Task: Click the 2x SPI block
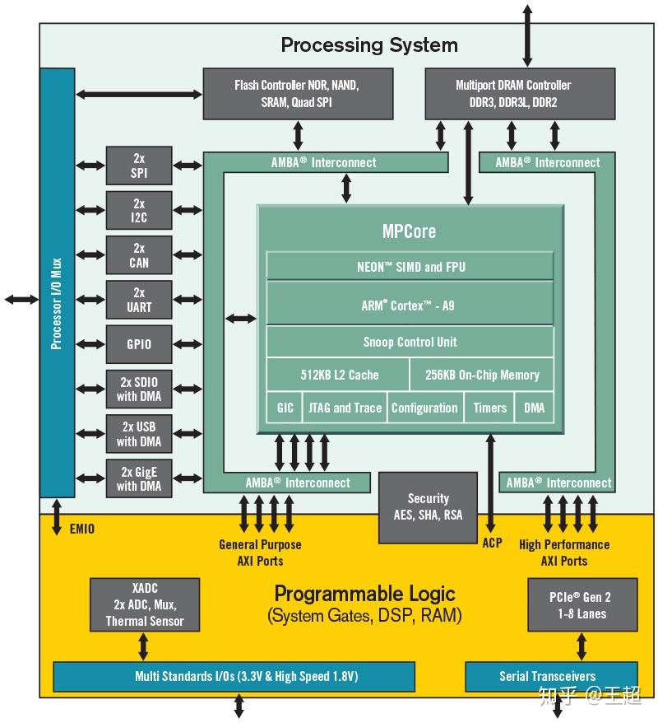tap(139, 166)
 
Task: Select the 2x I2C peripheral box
tap(139, 211)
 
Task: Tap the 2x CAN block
tap(139, 255)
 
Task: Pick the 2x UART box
tap(139, 300)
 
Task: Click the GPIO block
tap(139, 344)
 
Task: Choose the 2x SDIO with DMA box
tap(139, 389)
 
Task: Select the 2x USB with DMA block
tap(139, 434)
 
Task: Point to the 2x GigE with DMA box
tap(139, 478)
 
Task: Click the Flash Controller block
tap(296, 93)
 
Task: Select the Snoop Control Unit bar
tap(410, 342)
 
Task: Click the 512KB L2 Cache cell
tap(339, 375)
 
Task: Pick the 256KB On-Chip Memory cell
tap(482, 375)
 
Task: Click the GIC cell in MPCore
tap(285, 408)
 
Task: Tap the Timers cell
tap(489, 408)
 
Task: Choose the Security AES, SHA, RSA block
tap(428, 507)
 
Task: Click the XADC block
tap(145, 605)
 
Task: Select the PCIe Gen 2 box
tap(581, 605)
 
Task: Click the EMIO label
tap(81, 529)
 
